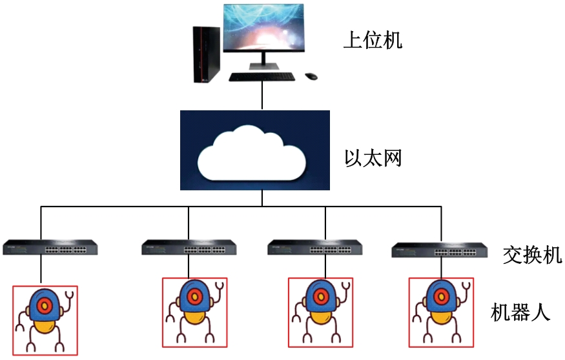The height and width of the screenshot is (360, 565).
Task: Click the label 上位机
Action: point(373,39)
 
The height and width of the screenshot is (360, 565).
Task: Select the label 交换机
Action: point(532,255)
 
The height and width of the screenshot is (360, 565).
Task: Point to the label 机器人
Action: point(520,312)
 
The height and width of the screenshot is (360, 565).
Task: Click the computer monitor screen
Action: point(263,28)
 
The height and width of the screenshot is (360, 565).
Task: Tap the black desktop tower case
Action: point(206,54)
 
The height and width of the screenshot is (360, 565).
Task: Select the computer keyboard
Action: point(262,77)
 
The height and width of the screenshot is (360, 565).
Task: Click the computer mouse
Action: point(311,76)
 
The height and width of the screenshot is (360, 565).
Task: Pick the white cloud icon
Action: point(252,153)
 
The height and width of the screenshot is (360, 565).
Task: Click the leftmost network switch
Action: point(50,248)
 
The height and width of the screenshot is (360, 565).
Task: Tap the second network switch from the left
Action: point(189,248)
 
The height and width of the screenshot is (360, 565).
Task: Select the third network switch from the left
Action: point(314,248)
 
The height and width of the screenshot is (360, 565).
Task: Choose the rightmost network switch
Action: point(440,250)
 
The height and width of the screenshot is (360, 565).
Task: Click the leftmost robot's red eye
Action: point(45,306)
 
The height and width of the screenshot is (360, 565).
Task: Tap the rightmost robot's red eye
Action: point(441,297)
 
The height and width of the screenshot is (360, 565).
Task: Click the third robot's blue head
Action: point(320,296)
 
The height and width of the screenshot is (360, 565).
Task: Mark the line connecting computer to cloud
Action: point(262,95)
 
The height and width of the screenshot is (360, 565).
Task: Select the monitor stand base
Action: point(264,66)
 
